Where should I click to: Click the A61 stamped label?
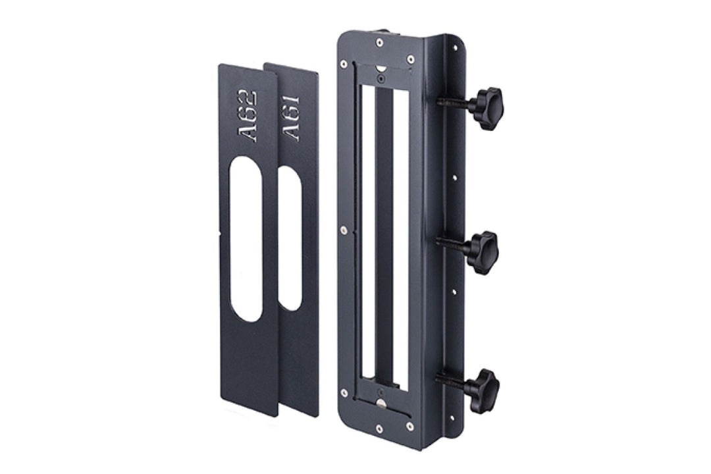click(x=291, y=118)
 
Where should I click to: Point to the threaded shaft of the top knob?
click(x=454, y=103)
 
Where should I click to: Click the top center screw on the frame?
click(x=379, y=43)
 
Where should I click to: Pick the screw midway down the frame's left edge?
click(x=343, y=230)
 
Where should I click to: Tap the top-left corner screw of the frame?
click(x=344, y=65)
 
